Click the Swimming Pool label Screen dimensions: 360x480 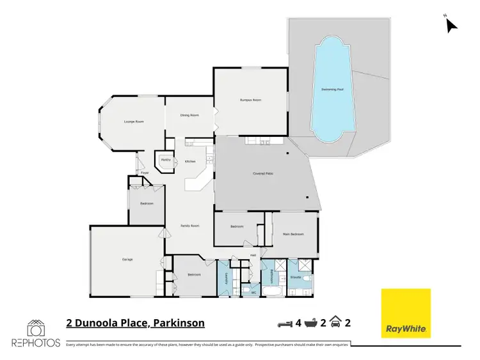point(333,90)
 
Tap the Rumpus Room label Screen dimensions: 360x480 point(251,100)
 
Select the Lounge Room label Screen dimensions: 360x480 point(134,121)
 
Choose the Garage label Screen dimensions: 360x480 point(127,260)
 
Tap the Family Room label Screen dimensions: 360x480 point(190,226)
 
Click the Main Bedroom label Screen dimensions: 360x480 point(293,234)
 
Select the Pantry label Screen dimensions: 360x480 point(165,160)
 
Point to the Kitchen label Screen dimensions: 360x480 point(190,161)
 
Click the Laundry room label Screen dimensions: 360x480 point(225,277)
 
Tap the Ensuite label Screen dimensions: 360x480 point(296,278)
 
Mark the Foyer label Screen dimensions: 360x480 point(145,173)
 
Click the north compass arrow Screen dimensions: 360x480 point(451,25)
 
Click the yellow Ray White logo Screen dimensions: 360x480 point(406,314)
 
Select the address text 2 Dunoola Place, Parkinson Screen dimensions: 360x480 point(135,323)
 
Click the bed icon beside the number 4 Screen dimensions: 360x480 point(284,323)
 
